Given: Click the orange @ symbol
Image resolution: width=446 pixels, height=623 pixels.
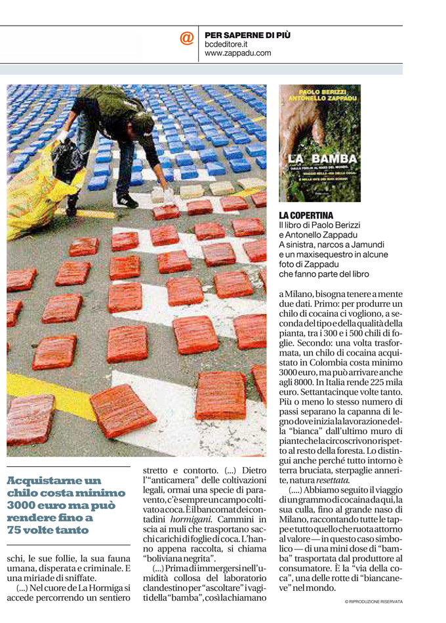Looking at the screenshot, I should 187,39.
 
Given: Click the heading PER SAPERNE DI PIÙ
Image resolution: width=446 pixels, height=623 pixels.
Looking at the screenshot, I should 247,35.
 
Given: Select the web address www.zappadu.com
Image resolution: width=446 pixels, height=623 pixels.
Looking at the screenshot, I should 238,53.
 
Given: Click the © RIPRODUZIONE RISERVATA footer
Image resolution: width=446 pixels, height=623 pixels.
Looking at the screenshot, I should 373,601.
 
